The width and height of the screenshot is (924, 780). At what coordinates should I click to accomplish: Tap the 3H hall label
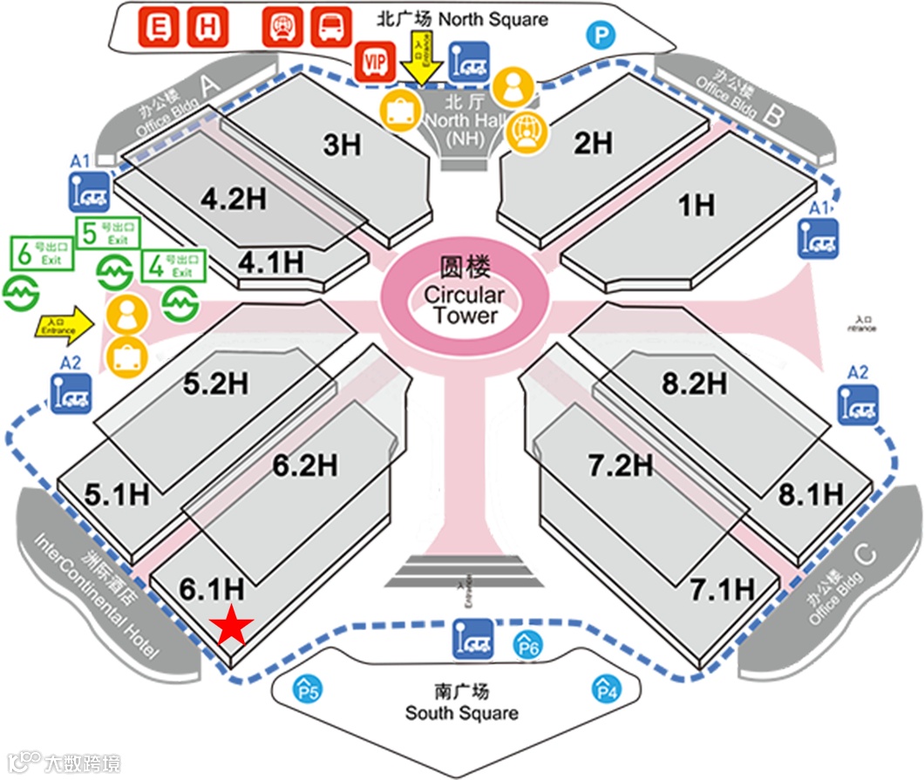click(342, 145)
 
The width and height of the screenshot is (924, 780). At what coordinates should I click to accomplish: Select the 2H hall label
click(593, 143)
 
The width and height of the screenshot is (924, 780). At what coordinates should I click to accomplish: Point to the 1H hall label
click(696, 206)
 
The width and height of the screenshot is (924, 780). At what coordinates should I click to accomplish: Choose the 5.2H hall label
click(215, 383)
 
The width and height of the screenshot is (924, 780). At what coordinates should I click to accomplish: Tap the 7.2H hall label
click(620, 465)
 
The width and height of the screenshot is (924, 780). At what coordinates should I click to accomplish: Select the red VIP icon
click(375, 62)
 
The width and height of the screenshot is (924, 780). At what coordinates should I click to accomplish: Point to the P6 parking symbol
click(530, 644)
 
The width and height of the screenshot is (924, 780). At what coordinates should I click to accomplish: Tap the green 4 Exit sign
click(172, 266)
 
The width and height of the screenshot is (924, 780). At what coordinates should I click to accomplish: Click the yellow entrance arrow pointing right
click(65, 326)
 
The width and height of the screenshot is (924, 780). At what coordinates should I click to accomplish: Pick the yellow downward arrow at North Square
click(424, 62)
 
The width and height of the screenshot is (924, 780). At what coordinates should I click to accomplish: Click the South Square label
click(461, 702)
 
